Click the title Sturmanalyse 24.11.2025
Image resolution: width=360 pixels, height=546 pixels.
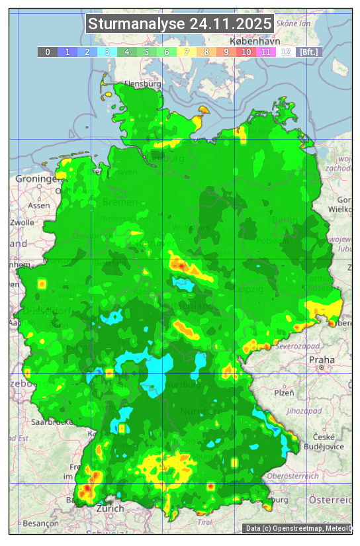180,24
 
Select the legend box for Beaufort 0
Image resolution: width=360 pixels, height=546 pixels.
47,52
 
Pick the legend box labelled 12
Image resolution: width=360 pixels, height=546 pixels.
286,52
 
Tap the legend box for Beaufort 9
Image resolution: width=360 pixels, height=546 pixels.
226,52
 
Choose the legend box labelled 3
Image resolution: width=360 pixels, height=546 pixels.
107,52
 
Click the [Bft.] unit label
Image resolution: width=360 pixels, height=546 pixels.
308,52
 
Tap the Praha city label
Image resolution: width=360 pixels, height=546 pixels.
322,360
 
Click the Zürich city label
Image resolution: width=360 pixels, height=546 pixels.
110,508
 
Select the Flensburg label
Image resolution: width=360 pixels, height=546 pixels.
143,85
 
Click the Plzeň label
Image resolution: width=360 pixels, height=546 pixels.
284,392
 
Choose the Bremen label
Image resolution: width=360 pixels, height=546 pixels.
120,202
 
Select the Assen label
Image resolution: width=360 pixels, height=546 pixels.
39,205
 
